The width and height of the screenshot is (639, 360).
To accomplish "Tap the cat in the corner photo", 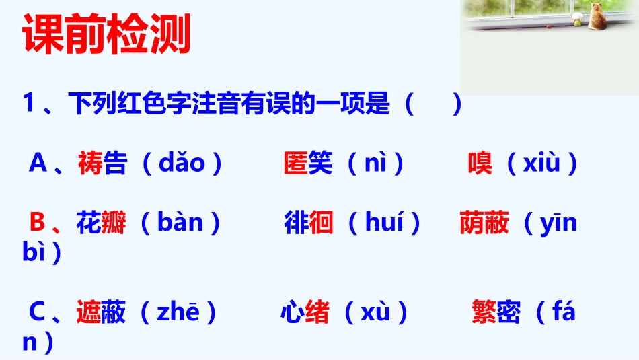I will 597,16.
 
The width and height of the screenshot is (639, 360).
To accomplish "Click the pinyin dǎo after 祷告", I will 182,164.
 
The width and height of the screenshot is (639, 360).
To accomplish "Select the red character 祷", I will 90,164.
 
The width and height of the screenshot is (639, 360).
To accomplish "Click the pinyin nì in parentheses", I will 374,164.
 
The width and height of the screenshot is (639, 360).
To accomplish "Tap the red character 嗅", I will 480,164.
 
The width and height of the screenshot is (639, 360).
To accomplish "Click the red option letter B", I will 38,223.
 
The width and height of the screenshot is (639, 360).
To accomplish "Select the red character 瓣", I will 113,223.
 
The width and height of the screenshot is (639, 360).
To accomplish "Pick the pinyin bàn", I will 180,223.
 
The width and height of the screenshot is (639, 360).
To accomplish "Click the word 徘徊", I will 309,223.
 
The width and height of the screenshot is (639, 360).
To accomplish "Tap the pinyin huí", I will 384,223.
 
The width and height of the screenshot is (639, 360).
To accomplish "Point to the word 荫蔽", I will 484,223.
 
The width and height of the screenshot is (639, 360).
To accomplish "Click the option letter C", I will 38,313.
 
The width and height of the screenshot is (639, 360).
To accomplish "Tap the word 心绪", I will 305,313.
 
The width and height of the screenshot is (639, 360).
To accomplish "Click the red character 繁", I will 484,313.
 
